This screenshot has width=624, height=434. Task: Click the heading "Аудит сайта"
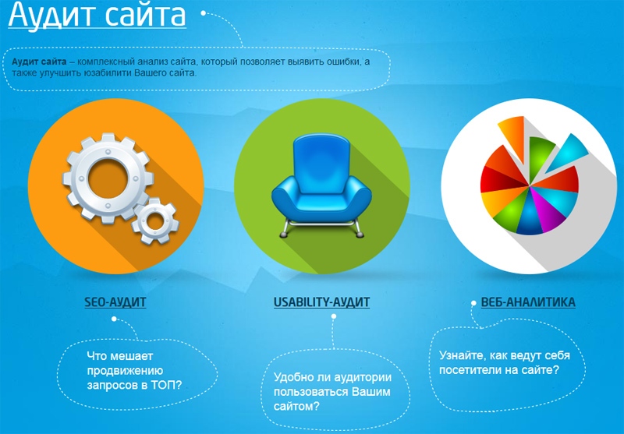[x=97, y=14]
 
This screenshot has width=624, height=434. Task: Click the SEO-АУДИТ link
[x=115, y=302]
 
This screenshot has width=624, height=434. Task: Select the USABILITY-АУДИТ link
[x=321, y=302]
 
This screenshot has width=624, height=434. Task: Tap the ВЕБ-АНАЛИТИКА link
[x=528, y=302]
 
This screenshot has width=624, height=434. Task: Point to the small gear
[x=155, y=221]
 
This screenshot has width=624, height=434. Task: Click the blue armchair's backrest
[x=321, y=163]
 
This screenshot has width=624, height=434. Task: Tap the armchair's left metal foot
[x=284, y=234]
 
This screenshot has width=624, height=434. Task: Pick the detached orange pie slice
[x=513, y=137]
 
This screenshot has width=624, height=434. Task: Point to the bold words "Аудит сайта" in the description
[x=39, y=62]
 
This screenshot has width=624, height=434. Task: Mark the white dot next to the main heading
[x=204, y=13]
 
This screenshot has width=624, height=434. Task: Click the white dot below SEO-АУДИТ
[x=114, y=319]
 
